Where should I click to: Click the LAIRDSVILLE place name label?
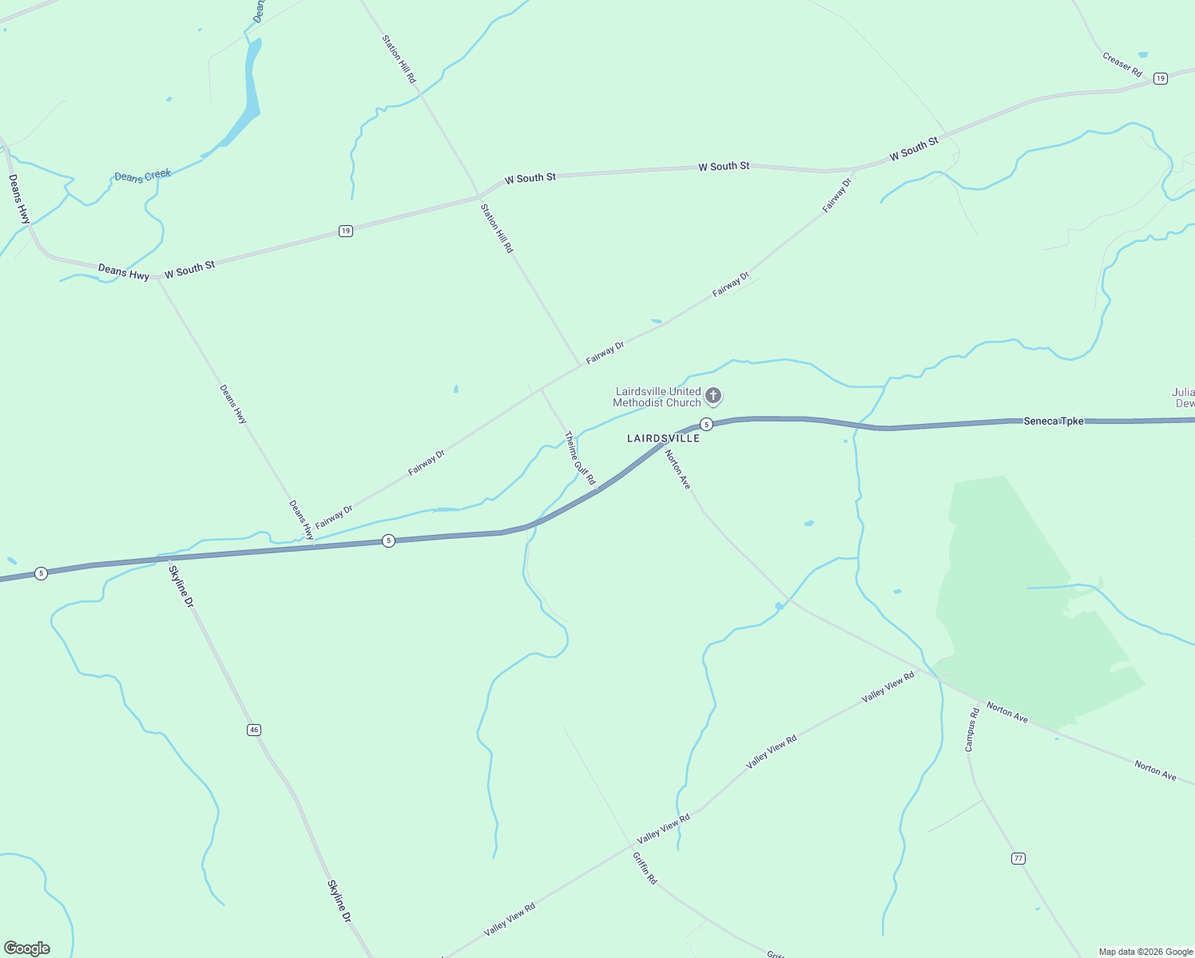pos(663,438)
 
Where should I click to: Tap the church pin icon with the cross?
pos(713,395)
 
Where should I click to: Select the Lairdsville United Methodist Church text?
pos(657,397)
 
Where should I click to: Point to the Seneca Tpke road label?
pos(1054,421)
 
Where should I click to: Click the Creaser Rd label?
pos(1122,65)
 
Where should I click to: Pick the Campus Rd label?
pos(971,730)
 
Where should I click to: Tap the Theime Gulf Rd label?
pos(580,458)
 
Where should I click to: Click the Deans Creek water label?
pos(142,176)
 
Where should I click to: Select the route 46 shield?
pos(254,730)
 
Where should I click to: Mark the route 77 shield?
pos(1018,858)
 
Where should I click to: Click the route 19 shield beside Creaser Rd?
pos(1161,78)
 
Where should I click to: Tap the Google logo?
pos(26,948)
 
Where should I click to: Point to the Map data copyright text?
pos(1145,952)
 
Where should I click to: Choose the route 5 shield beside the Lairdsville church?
pos(706,424)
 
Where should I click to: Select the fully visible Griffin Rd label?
pos(645,868)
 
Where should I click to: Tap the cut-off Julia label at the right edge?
pos(1183,398)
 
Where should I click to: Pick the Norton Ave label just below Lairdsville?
pos(677,469)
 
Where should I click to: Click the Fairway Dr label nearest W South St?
pos(837,195)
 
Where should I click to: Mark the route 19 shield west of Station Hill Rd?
pos(345,232)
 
